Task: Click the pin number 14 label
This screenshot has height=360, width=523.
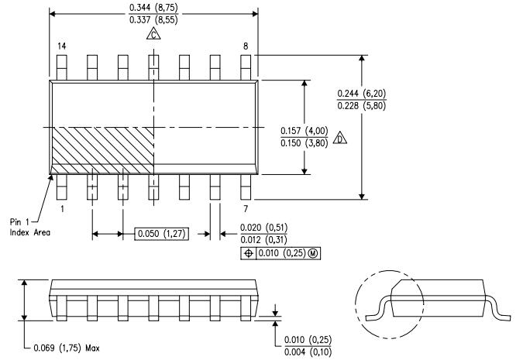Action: (61, 46)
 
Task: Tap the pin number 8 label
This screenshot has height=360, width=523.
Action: (246, 46)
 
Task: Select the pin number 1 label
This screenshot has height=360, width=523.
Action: (61, 208)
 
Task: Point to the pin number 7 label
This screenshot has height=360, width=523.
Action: (246, 208)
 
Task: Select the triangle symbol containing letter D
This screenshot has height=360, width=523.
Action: (340, 139)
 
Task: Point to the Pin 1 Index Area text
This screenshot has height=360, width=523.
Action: (30, 227)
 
